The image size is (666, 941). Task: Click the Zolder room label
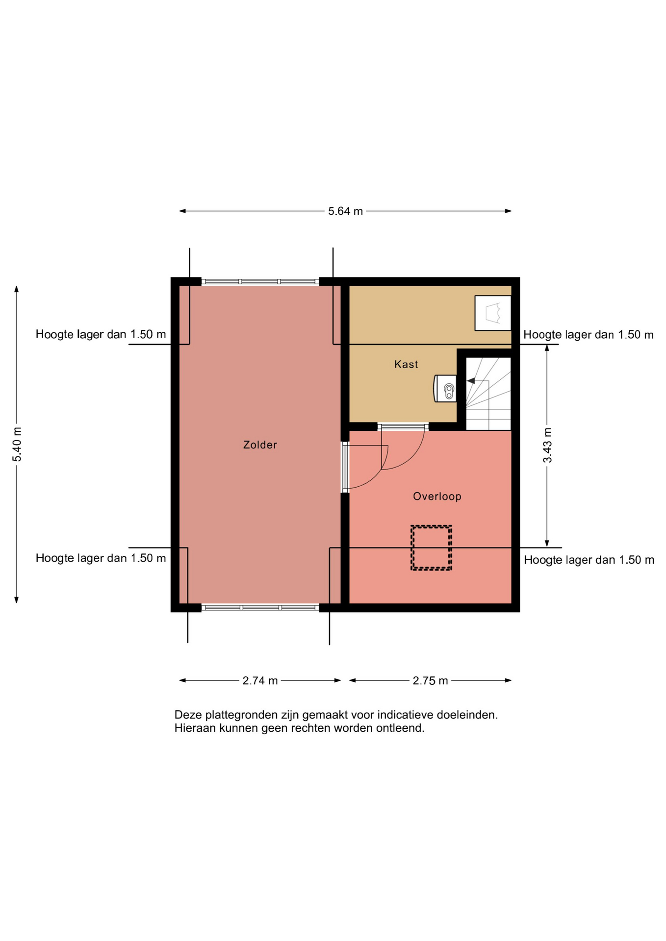coord(260,445)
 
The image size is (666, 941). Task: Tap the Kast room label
coord(406,364)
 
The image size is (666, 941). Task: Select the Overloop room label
coord(437,496)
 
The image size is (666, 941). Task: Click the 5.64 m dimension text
coord(345,211)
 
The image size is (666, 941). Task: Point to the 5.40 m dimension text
coord(17,445)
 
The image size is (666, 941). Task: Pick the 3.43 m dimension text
coord(547,446)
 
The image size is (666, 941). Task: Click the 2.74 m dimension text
coord(260,681)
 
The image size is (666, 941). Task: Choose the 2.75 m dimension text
coord(430,681)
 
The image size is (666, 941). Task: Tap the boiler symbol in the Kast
coord(446,389)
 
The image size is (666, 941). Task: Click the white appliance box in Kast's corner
coord(493,313)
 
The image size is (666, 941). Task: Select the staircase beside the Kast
coord(488,394)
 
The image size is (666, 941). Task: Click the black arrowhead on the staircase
coord(470,381)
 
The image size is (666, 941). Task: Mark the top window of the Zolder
coord(260,282)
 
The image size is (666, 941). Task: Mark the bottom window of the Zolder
coord(260,608)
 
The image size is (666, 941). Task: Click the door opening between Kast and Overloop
coord(403,427)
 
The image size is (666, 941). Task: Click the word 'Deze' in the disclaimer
coord(188,715)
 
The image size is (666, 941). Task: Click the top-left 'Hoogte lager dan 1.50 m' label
coord(101,335)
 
